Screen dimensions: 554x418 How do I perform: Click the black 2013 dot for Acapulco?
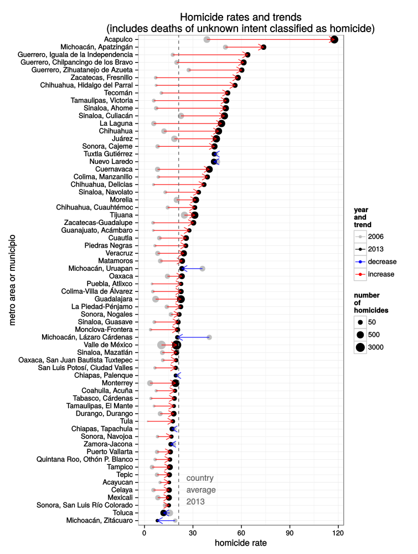coord(334,39)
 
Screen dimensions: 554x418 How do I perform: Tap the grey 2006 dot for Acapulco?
coord(207,39)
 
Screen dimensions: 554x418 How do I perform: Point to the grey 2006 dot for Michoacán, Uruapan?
coord(203,268)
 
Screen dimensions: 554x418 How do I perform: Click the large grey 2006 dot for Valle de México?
coord(161,345)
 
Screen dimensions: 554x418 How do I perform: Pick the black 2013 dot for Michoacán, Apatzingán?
coord(264,47)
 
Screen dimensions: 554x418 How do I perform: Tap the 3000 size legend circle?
coord(360,347)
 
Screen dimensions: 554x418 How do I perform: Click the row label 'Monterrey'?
coord(117,383)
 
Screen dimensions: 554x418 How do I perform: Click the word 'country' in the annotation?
coord(200,478)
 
